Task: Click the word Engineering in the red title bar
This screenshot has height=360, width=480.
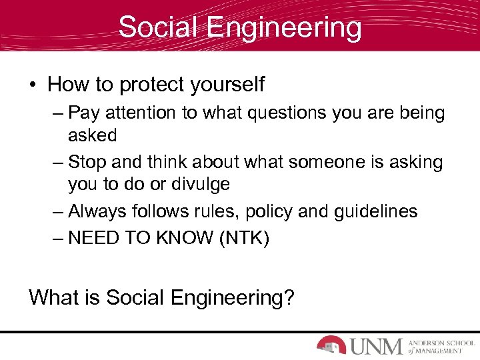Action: [x=284, y=28]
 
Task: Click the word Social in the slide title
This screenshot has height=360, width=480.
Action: [x=159, y=28]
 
